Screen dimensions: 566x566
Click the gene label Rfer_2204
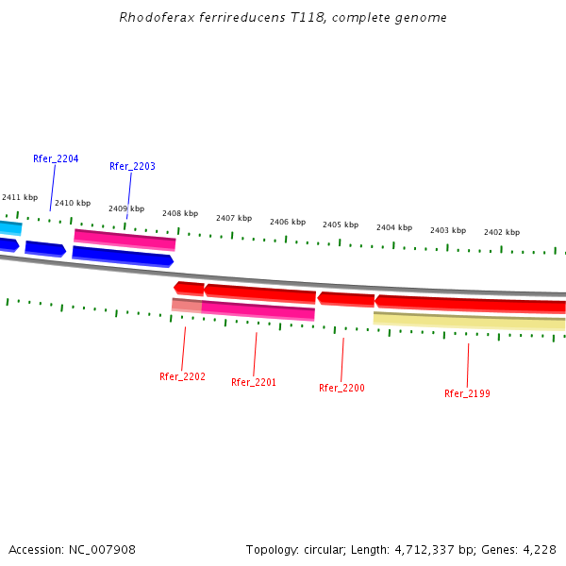(56, 158)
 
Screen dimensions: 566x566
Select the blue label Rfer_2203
(132, 166)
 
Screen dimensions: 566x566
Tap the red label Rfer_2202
(182, 376)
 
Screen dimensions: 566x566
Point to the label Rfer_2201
(254, 382)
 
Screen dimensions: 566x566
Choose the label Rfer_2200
(341, 388)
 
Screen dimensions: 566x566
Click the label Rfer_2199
(467, 393)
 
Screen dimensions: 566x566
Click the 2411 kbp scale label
(20, 197)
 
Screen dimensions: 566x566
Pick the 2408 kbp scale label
(180, 213)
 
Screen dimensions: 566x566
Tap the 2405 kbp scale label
(341, 225)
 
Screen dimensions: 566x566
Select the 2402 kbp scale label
(502, 232)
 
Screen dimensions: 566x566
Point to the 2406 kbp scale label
(288, 222)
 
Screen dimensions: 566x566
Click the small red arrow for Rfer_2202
(189, 288)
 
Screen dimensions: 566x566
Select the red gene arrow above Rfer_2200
(345, 299)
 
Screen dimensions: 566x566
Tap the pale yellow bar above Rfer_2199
(469, 321)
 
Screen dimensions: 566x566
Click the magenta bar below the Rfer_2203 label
(125, 240)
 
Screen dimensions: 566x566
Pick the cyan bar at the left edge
(9, 227)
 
